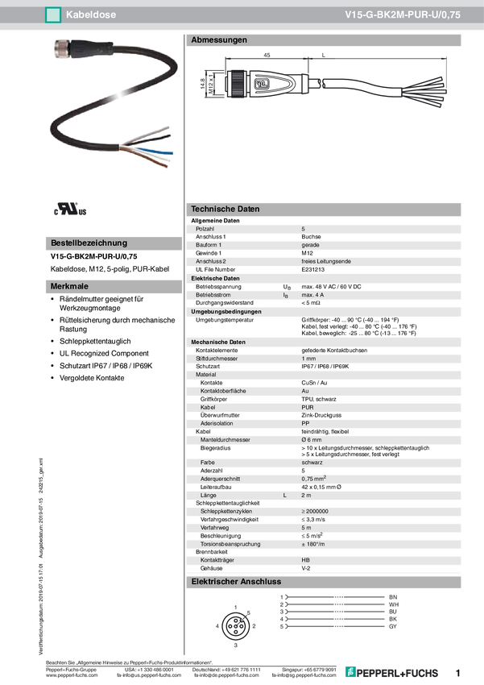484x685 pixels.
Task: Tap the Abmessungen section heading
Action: point(218,39)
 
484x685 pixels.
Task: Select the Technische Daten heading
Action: point(225,209)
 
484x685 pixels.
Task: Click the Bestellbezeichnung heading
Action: point(89,243)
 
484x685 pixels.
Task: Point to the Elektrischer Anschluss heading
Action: point(235,581)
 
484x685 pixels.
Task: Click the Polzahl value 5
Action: point(303,229)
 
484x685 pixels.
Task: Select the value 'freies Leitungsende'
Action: point(326,261)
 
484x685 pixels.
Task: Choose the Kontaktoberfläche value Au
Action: point(305,391)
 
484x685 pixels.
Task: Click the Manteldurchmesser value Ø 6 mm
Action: point(312,440)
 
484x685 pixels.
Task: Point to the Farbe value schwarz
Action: point(312,462)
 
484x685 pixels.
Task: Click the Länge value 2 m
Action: point(306,495)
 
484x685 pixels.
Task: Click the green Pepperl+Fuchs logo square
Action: point(350,671)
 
